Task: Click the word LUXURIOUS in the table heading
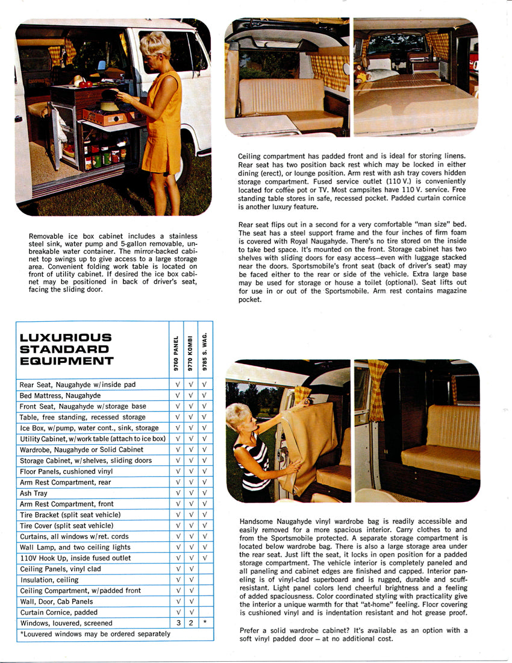tap(66, 337)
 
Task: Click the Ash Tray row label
tap(34, 493)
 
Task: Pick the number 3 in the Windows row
tap(177, 623)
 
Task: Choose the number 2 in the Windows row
tap(190, 623)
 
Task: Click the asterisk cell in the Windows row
tap(205, 623)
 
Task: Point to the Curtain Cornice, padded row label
tap(58, 612)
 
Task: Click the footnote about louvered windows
tap(95, 633)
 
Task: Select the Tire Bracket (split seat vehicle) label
tap(70, 515)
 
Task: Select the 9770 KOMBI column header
tap(190, 352)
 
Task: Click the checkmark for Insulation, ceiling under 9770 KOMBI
tap(190, 580)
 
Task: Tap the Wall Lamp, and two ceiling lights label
tap(75, 547)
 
